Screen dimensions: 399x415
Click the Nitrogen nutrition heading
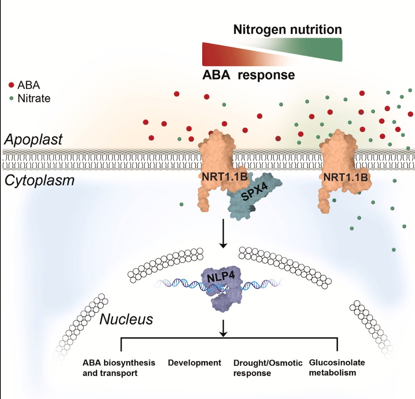click(287, 29)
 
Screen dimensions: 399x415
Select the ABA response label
click(248, 75)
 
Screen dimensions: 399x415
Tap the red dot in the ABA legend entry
click(11, 85)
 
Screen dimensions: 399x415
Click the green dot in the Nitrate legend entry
click(11, 98)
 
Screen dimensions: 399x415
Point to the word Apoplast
click(33, 139)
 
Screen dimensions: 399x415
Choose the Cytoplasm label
click(39, 180)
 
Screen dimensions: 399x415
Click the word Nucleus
click(126, 319)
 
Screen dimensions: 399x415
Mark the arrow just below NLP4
click(223, 328)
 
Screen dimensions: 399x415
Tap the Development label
click(194, 363)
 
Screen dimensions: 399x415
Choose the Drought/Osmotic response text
click(268, 368)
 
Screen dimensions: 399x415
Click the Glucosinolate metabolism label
click(337, 367)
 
